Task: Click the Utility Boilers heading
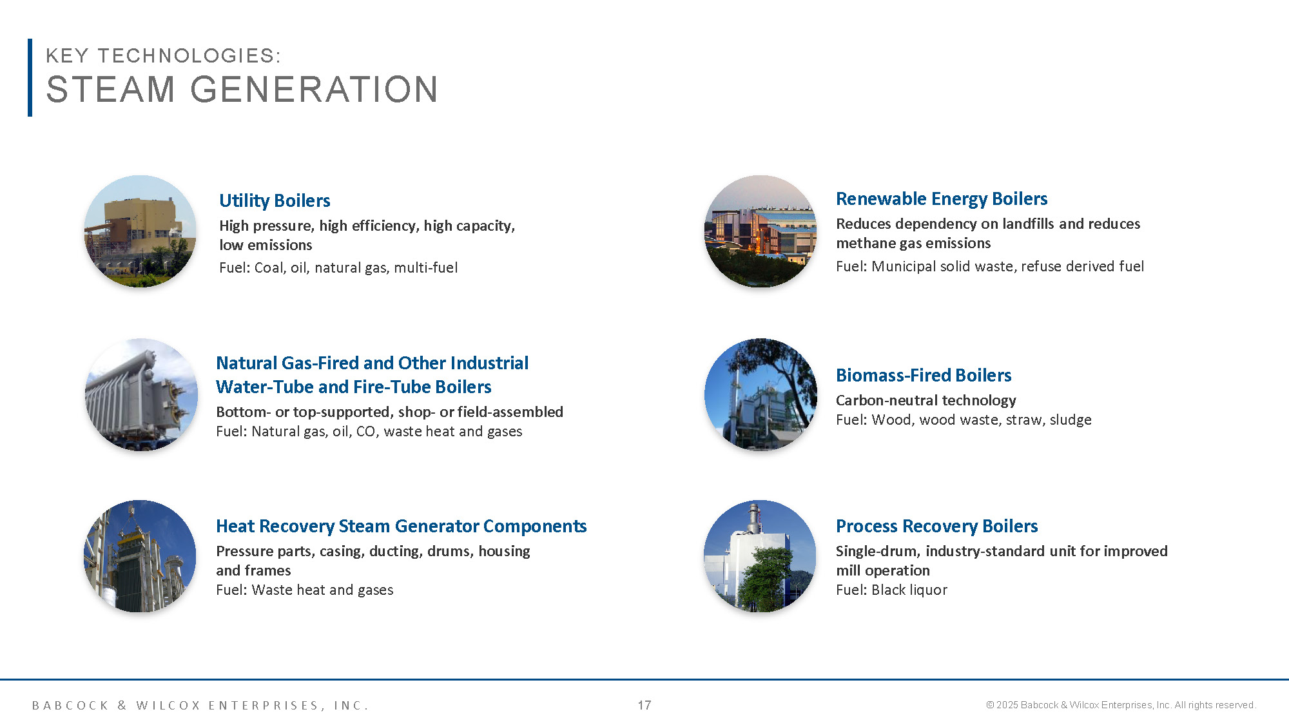point(275,200)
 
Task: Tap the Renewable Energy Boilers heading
point(941,198)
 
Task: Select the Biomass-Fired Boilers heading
point(923,375)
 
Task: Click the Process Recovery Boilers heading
point(936,526)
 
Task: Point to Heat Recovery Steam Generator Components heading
point(401,526)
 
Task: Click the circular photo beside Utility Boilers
point(141,231)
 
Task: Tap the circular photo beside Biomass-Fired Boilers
point(761,394)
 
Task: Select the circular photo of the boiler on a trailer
point(141,394)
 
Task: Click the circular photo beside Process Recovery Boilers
point(761,556)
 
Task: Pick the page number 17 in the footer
point(644,705)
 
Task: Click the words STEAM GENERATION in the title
point(242,89)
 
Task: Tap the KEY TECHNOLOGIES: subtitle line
point(163,55)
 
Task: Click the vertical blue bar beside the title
point(30,77)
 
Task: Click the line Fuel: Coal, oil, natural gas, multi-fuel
point(338,267)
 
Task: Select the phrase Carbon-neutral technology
point(926,400)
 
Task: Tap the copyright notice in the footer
point(1121,705)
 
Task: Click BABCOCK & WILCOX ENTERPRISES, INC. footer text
point(200,705)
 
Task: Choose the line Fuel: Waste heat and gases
point(304,590)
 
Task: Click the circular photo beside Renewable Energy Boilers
point(761,231)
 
